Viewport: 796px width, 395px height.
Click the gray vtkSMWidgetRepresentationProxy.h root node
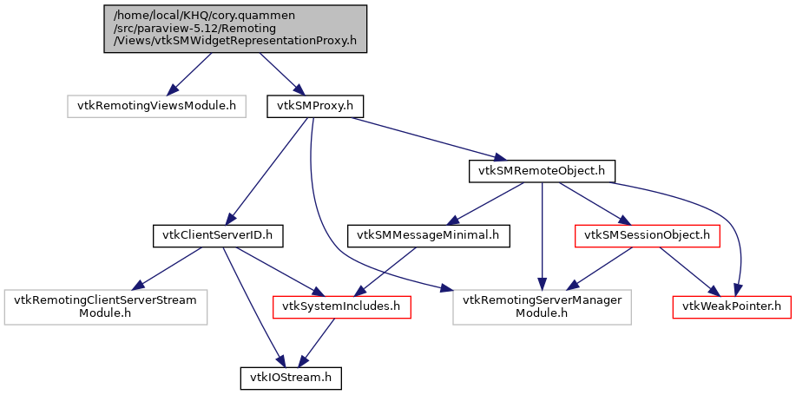click(x=235, y=29)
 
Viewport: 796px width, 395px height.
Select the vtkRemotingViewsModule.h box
click(x=156, y=106)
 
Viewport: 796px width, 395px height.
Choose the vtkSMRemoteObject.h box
click(x=543, y=170)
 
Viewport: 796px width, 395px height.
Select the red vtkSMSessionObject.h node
click(x=648, y=234)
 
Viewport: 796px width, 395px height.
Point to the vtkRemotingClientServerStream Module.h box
click(x=105, y=306)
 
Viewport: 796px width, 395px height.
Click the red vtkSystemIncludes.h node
click(x=341, y=306)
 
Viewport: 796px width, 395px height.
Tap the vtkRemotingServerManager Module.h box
click(x=543, y=306)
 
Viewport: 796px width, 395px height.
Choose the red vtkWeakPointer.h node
click(x=732, y=306)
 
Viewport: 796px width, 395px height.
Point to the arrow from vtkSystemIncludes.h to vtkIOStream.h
click(x=318, y=342)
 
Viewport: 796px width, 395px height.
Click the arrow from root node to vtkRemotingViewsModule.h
click(x=189, y=74)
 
